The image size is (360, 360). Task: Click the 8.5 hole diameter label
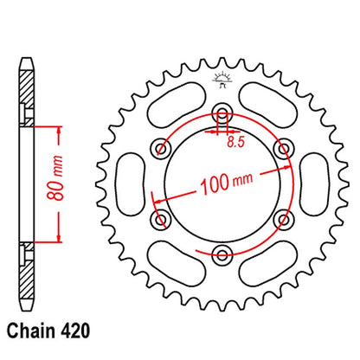pos(235,142)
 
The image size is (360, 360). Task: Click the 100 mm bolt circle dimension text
pos(227,183)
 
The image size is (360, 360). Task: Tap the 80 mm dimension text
pos(55,178)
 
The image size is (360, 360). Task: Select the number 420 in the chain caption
pos(75,331)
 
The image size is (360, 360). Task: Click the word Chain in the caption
pos(31,331)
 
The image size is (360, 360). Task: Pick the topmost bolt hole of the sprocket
pos(222,112)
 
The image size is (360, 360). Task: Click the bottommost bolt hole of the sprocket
pos(222,254)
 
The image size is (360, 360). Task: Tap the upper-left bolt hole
pos(161,149)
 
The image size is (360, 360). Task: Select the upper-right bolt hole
pos(284,149)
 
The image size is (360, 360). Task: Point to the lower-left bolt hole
pos(160,220)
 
